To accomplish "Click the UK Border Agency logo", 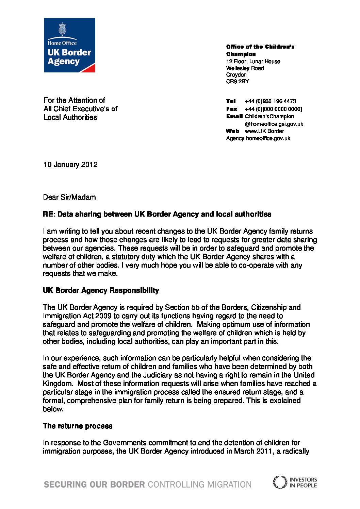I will point(69,45).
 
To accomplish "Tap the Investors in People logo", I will point(295,482).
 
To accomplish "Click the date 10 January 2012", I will point(70,165).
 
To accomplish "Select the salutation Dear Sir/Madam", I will point(69,197).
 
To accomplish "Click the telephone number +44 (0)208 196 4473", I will point(270,101).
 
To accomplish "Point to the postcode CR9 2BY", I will point(238,82).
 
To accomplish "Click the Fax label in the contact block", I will point(232,109).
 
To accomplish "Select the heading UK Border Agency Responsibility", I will point(101,290).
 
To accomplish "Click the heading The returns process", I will point(78,426).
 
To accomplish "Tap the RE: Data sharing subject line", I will point(157,214).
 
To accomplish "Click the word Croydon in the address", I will point(236,75).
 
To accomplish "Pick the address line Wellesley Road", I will point(245,68).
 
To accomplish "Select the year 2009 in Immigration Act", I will point(103,316).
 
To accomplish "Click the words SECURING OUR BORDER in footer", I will point(94,485).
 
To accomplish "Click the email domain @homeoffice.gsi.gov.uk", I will point(274,124).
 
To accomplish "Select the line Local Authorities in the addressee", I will point(70,117).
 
